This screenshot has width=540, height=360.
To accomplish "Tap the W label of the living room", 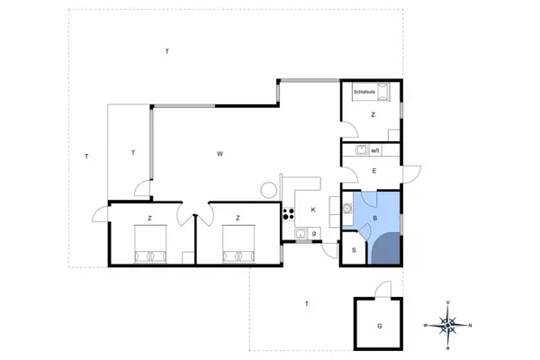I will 220,155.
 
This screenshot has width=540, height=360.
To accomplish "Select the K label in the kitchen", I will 313,210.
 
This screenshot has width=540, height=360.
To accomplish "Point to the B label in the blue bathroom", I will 373,219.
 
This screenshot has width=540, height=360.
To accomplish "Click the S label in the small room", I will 354,250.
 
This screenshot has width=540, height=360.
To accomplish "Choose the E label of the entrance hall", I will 373,170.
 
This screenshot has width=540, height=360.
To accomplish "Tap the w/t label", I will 377,150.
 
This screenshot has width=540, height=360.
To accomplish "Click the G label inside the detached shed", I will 380,325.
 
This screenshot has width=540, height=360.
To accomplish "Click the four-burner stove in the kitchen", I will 290,213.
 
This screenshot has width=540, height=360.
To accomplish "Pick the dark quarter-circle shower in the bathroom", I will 384,248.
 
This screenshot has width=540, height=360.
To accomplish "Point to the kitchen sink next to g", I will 299,234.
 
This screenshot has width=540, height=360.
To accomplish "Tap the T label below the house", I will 306,304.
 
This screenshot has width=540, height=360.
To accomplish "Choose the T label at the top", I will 167,52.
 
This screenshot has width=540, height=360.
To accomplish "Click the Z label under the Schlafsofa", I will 373,114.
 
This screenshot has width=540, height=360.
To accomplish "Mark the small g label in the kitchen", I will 313,234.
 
